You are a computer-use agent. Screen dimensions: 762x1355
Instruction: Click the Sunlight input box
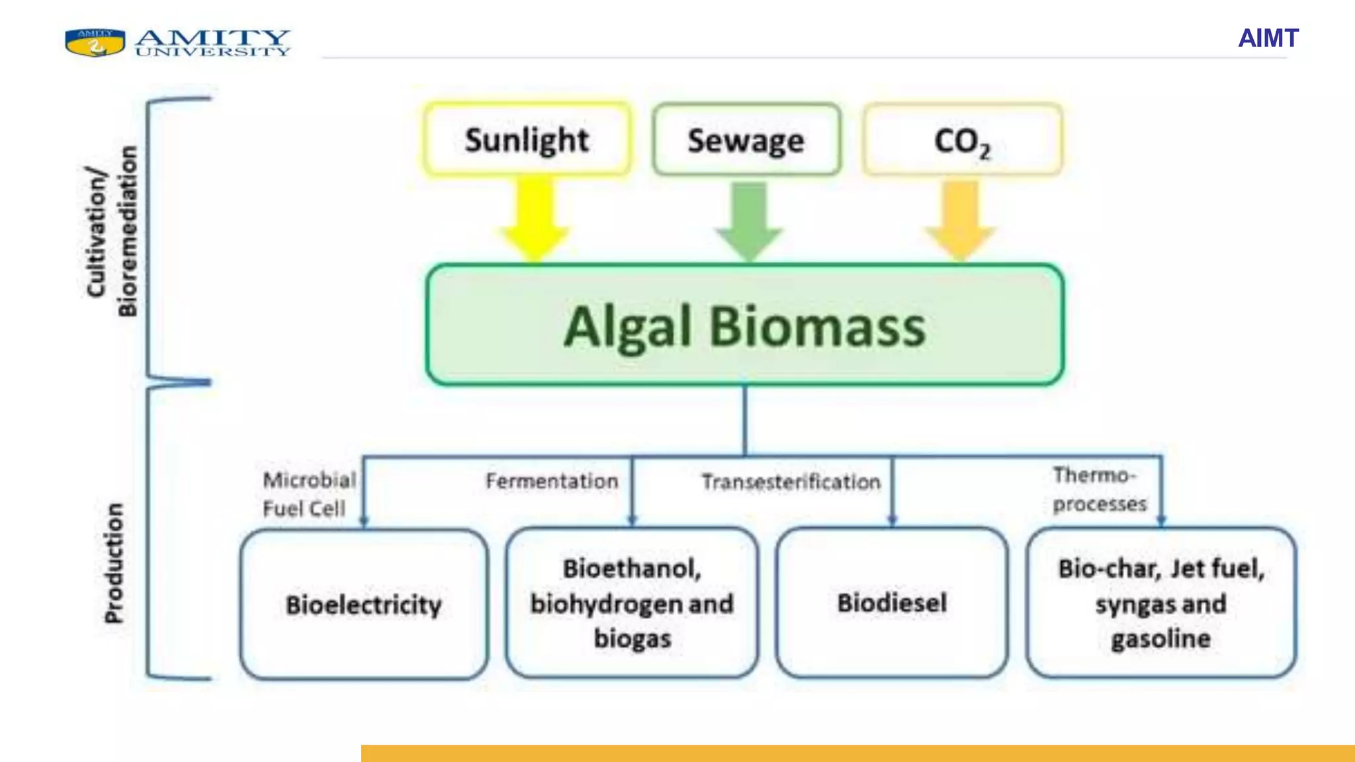tap(527, 140)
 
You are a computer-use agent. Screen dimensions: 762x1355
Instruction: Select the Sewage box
tap(746, 140)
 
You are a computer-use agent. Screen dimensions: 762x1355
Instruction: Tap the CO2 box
tap(962, 140)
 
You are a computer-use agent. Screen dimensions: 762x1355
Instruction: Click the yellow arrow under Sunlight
tap(535, 218)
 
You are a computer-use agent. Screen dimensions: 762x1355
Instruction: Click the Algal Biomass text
tap(744, 326)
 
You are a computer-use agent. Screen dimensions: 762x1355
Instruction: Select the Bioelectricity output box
tap(364, 604)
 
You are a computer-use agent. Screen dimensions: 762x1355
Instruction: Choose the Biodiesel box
tap(892, 603)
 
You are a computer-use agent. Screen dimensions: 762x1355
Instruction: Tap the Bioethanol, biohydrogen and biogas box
tap(632, 603)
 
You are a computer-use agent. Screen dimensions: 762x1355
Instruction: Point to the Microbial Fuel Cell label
tap(308, 494)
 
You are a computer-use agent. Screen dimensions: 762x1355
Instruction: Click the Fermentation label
tap(552, 481)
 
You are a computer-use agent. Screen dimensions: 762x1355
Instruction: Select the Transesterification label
tap(791, 482)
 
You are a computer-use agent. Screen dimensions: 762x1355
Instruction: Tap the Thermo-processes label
tap(1099, 489)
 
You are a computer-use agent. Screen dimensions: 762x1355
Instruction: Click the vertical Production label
tap(114, 563)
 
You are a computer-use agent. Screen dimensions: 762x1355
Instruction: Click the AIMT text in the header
tap(1268, 38)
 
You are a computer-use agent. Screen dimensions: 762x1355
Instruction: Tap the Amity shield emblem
tap(95, 42)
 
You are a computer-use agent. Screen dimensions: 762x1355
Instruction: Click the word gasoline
tap(1161, 639)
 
